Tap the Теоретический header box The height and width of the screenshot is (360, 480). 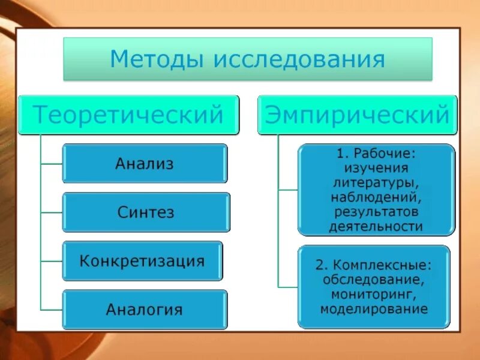[128, 114]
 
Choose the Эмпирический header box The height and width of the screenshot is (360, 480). [358, 114]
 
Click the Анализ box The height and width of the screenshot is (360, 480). [145, 163]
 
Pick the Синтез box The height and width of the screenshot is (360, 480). [146, 212]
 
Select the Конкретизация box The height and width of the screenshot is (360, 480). [142, 261]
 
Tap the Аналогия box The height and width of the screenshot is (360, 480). [145, 310]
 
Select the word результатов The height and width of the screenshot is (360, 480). [376, 212]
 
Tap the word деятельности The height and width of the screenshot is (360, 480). [376, 226]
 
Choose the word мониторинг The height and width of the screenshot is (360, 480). [374, 295]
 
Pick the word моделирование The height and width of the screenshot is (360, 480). [374, 310]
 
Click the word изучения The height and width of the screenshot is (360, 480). [376, 168]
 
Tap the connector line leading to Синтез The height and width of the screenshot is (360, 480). [52, 212]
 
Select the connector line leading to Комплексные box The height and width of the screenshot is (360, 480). [288, 286]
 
